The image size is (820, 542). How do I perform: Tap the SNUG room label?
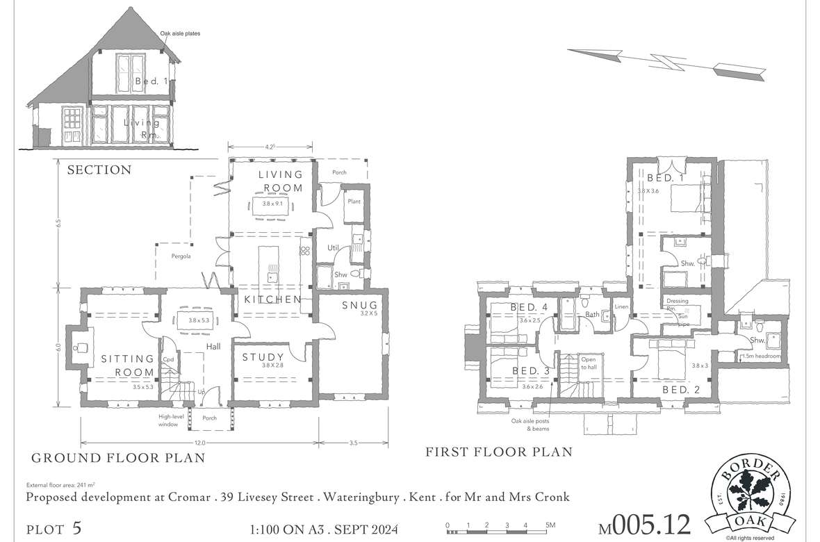(x=359, y=306)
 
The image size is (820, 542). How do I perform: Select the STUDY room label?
(x=263, y=357)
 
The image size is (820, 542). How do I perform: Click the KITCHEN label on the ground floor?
(x=272, y=299)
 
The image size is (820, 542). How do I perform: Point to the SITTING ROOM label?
(x=127, y=366)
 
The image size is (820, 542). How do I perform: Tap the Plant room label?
(x=354, y=202)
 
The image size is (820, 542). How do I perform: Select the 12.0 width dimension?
(x=199, y=443)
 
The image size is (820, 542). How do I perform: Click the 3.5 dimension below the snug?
(x=354, y=443)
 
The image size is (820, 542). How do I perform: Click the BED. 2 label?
(x=681, y=390)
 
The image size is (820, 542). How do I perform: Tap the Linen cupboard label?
(x=621, y=306)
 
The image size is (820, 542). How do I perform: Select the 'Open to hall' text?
(x=589, y=363)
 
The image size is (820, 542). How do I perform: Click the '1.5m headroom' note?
(x=762, y=356)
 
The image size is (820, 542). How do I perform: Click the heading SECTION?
(x=99, y=170)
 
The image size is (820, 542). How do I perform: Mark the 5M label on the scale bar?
(x=549, y=525)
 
